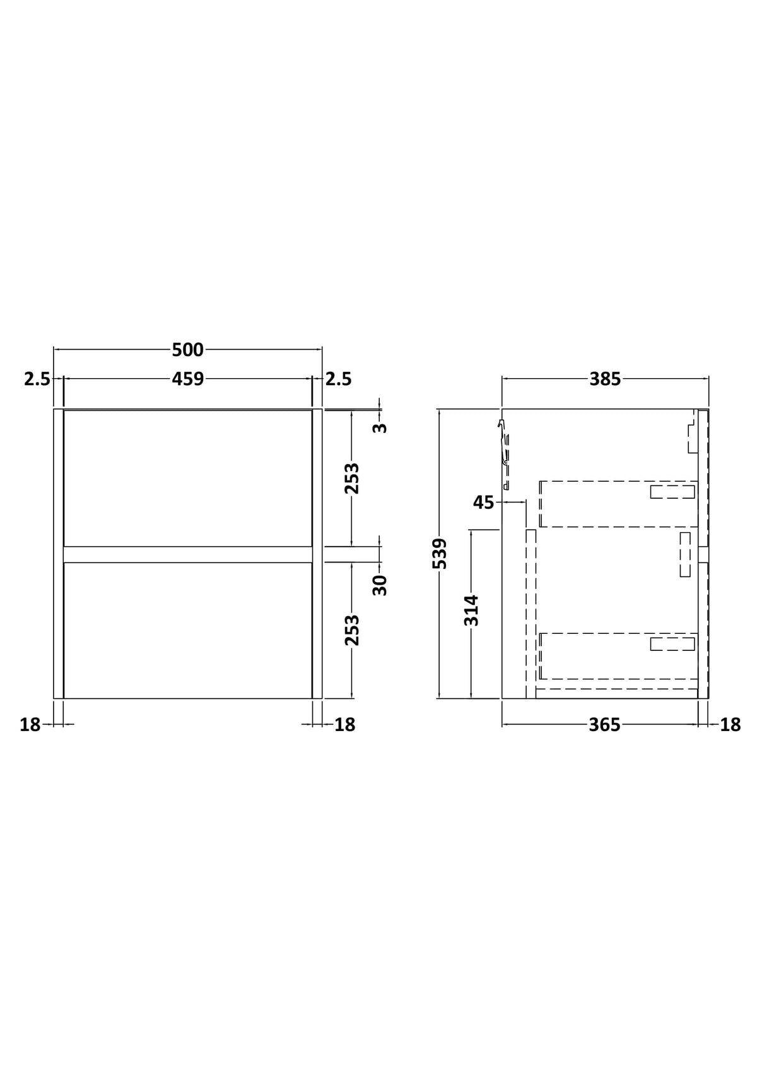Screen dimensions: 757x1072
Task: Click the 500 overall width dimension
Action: (187, 350)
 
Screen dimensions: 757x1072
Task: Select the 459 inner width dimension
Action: (187, 379)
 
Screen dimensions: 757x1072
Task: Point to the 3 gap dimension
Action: (380, 427)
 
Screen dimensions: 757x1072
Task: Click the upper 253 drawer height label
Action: (352, 478)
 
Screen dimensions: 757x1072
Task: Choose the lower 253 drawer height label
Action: (352, 630)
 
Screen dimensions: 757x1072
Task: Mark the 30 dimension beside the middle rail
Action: (380, 585)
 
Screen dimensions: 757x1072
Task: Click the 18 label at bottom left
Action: (30, 725)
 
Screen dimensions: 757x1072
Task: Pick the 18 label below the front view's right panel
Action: (345, 725)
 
